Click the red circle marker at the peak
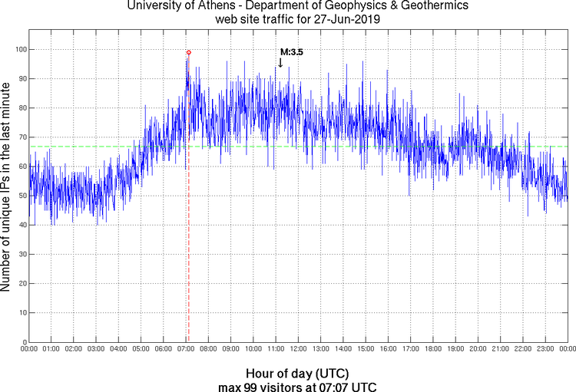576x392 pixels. [x=189, y=52]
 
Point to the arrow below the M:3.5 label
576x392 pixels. [x=280, y=63]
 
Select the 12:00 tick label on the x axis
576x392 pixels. [x=299, y=349]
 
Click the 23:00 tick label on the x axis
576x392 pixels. [x=545, y=349]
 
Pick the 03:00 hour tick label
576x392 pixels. [x=97, y=349]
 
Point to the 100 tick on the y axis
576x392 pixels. [x=20, y=50]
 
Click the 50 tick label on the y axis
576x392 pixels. [x=22, y=196]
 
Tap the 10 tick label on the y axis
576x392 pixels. [x=22, y=313]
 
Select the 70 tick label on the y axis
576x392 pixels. [x=22, y=137]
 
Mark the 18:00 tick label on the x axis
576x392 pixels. [x=433, y=349]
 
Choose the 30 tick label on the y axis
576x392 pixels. [x=22, y=255]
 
